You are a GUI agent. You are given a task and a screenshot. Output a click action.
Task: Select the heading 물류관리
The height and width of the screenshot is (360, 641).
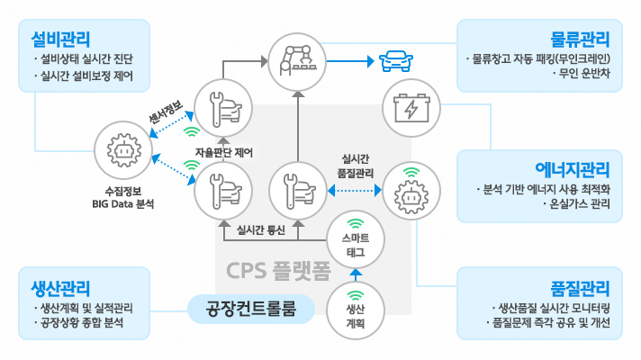pos(581,39)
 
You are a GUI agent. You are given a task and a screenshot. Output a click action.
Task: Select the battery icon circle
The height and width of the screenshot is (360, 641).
pos(410,109)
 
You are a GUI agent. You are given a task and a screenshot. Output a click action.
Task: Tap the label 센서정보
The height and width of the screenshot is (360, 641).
pos(166,114)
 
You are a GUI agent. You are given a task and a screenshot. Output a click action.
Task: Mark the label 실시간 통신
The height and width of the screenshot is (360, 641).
pos(261,229)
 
